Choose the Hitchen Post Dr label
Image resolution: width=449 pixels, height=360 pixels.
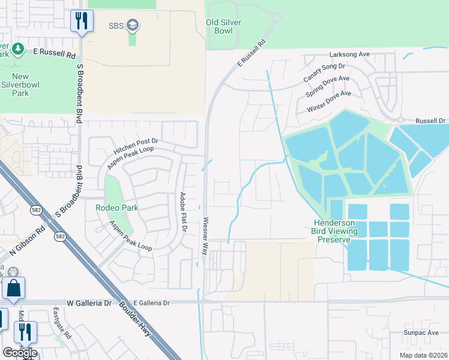click(134, 145)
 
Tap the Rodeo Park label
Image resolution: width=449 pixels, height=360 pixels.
click(116, 208)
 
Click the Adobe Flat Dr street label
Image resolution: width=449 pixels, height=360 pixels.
click(184, 212)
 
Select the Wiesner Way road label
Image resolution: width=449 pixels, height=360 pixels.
click(206, 236)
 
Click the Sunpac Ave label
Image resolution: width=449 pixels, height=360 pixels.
click(421, 332)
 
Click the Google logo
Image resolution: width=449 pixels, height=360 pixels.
click(20, 352)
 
